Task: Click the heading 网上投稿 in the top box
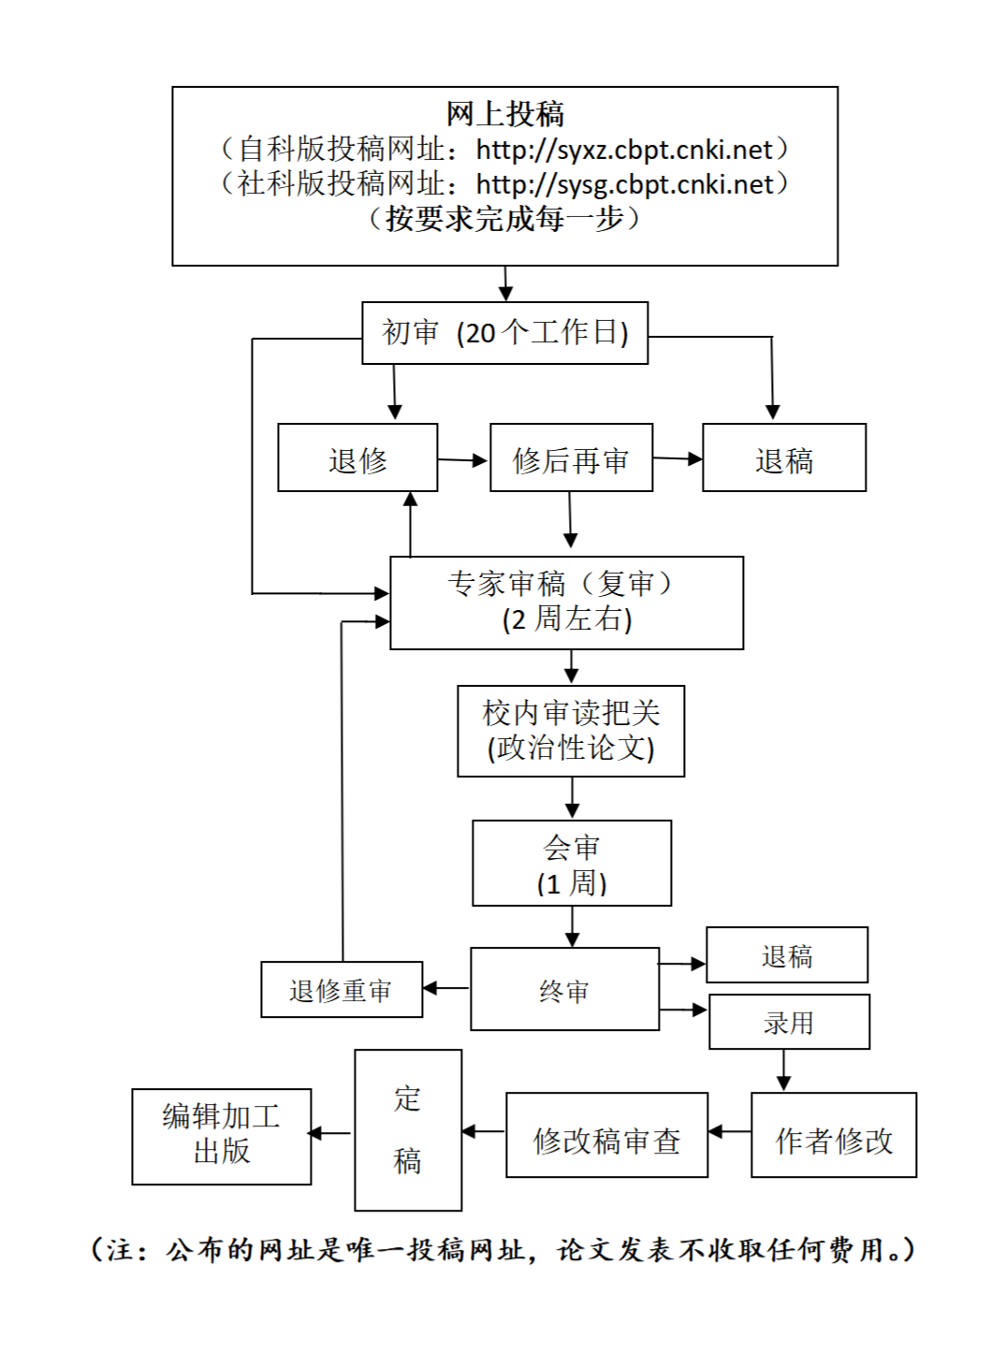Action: point(505,114)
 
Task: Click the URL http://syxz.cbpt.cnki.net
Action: point(624,150)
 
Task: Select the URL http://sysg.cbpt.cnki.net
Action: point(624,184)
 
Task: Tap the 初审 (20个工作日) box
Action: point(505,333)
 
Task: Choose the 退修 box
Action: point(357,458)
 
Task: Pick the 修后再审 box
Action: point(571,458)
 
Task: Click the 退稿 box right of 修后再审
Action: point(784,458)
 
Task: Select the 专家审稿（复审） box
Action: point(566,603)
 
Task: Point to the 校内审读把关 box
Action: point(571,731)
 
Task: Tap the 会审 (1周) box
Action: point(572,863)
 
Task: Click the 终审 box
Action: point(564,989)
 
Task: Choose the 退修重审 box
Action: point(342,990)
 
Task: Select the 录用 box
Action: point(789,1022)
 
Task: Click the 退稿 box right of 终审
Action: point(787,955)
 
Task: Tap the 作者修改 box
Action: point(834,1135)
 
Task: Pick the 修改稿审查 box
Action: point(606,1135)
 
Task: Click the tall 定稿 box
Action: point(408,1130)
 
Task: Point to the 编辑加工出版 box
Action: point(221,1136)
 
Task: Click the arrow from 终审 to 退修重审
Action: point(446,988)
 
